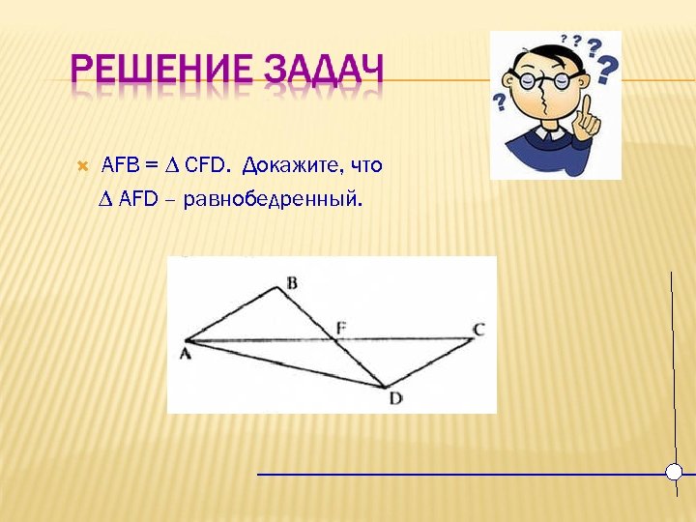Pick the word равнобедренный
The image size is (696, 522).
[x=284, y=200]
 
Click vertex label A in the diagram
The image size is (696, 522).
[x=184, y=354]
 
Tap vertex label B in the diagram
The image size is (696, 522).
[x=292, y=282]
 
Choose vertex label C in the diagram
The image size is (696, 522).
[x=478, y=330]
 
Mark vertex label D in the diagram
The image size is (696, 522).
[x=394, y=397]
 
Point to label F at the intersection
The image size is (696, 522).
[x=339, y=328]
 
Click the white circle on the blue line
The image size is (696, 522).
[x=675, y=473]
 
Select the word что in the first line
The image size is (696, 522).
[x=368, y=166]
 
